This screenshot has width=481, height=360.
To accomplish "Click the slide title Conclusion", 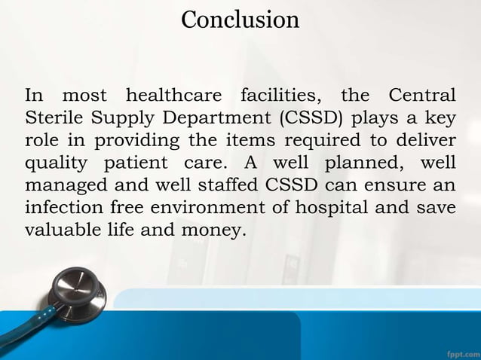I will coord(240,20).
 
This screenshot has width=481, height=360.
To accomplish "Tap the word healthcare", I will coord(173,97).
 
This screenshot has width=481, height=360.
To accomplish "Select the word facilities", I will coord(282,97).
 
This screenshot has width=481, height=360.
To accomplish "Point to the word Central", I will coord(422,97).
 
